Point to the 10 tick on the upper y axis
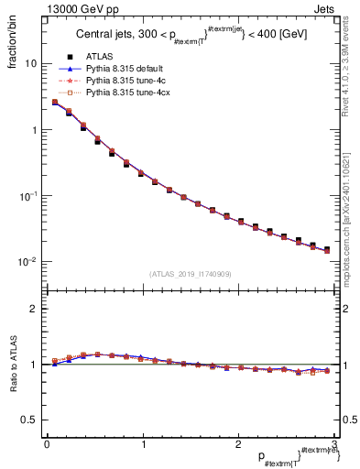(30, 64)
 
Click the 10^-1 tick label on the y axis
(28, 196)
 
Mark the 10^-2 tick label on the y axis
(28, 262)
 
